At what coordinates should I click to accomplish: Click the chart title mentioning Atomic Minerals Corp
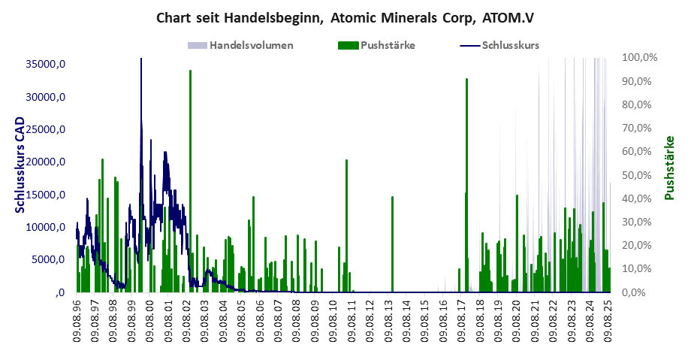coord(345,17)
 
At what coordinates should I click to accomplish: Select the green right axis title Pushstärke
coord(670,168)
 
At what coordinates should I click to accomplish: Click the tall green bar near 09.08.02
coord(190,180)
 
